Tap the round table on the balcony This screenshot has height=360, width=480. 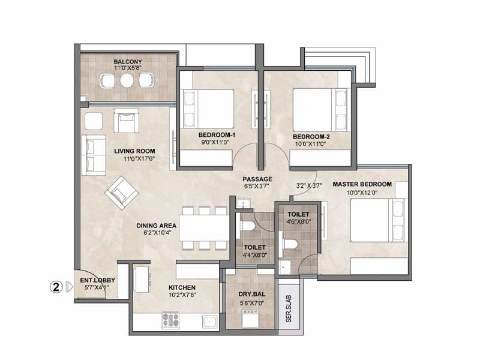(127, 80)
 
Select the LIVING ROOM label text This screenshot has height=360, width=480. (135, 151)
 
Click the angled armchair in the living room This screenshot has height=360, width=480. (122, 193)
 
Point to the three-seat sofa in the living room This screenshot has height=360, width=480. (93, 155)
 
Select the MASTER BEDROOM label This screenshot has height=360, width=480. (362, 184)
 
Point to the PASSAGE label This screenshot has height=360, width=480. (257, 179)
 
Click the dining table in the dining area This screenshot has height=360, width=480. (204, 227)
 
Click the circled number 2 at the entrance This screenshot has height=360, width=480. (56, 287)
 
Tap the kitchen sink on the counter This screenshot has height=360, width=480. (209, 321)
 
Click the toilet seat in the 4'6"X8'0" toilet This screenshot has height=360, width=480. (290, 246)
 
